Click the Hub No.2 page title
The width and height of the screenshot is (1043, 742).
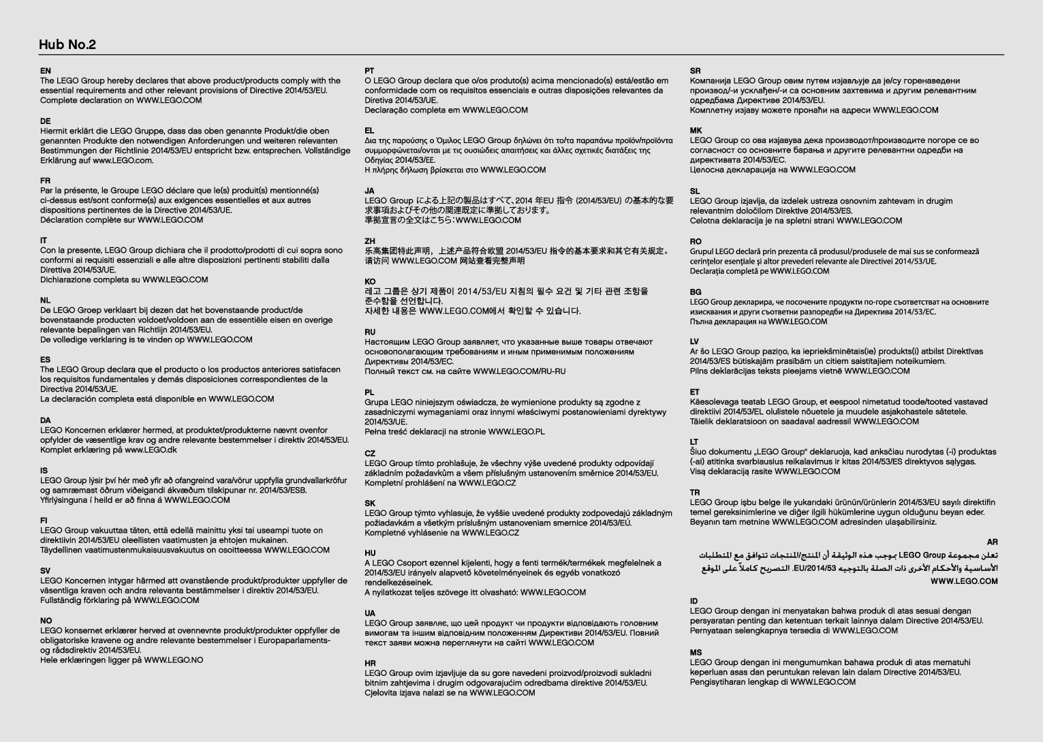pos(67,45)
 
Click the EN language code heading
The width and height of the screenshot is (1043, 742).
pos(45,71)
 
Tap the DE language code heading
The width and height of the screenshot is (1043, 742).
pos(45,121)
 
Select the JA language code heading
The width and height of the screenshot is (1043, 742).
pos(369,191)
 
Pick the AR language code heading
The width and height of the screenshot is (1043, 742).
pos(992,542)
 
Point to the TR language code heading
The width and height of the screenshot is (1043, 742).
pos(695,492)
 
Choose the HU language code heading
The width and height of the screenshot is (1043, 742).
pos(370,553)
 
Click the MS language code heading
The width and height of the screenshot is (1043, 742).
pos(696,652)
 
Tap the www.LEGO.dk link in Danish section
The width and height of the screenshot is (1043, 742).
pos(151,450)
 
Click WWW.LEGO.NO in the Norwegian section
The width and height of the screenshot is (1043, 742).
pos(173,660)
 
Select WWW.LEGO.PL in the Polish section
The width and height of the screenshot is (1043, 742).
pos(516,431)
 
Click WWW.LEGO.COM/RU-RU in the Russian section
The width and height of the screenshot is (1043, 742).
pos(519,371)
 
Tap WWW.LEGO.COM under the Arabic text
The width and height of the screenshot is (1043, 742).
pos(964,581)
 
